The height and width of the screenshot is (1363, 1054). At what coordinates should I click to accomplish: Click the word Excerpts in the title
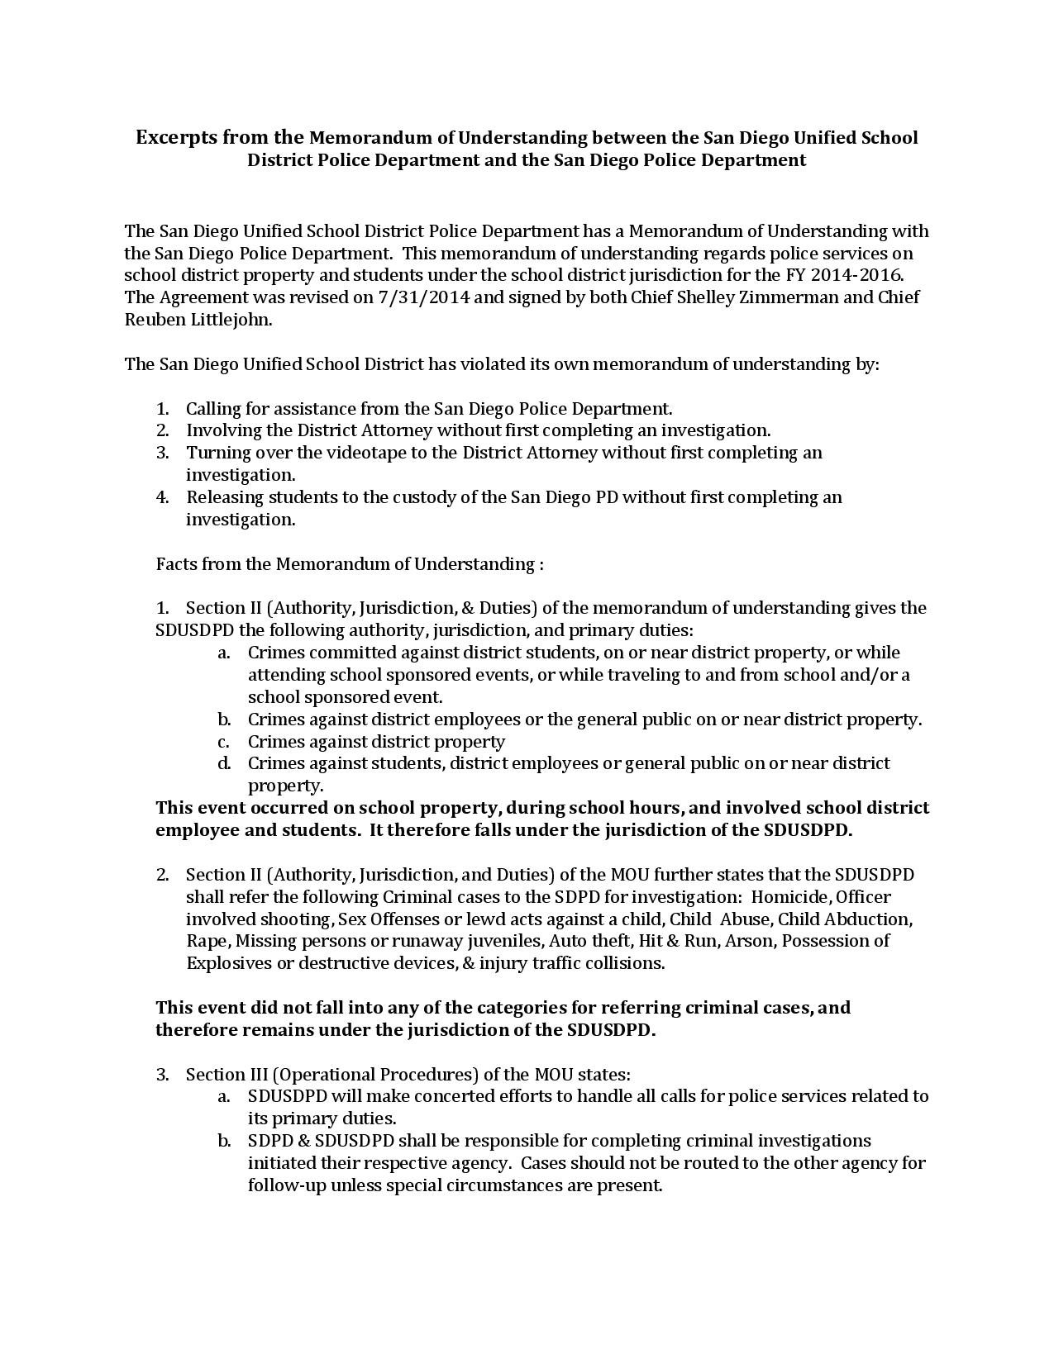point(177,137)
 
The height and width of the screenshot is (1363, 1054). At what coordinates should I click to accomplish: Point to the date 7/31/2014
point(423,297)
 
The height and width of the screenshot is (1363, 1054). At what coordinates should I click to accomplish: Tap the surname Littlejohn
point(231,320)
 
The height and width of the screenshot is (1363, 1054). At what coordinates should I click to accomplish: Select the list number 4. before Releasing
point(162,497)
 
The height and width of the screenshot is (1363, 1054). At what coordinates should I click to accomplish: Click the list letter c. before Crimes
point(224,742)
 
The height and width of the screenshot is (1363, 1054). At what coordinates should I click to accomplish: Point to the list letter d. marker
point(224,763)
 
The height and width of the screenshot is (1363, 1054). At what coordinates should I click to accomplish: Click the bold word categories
point(502,1008)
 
